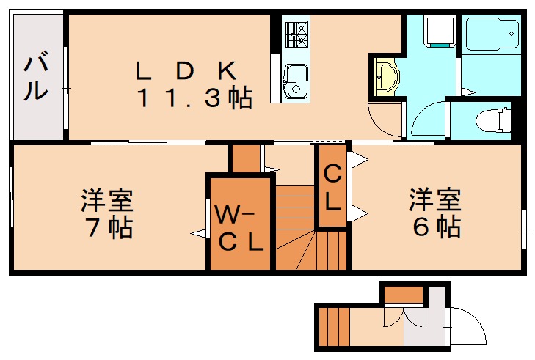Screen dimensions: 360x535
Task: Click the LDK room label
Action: [x=185, y=70]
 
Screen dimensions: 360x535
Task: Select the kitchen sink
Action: [x=296, y=79]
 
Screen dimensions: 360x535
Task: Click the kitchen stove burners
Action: [x=297, y=34]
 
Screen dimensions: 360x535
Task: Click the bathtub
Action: [x=492, y=36]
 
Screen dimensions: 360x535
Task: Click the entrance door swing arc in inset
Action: [x=467, y=327]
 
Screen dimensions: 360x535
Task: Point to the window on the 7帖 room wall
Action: [x=11, y=196]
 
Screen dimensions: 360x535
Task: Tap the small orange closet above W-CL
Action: [x=246, y=158]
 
